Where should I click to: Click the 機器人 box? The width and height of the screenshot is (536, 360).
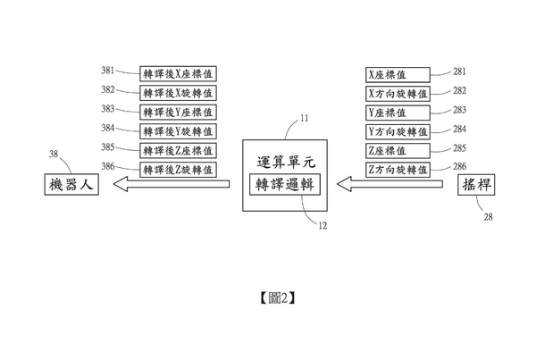point(71,185)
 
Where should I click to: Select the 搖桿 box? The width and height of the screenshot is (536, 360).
point(476,185)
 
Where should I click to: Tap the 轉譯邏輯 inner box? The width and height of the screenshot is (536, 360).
point(285,185)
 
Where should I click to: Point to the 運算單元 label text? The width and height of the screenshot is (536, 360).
point(286,163)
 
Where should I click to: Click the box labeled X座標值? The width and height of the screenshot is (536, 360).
point(398,75)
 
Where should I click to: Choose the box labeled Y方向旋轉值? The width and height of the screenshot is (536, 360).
point(398,131)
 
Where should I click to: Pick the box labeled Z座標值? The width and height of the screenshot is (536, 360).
point(398,151)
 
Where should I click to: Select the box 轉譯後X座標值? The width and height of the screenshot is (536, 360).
point(178,74)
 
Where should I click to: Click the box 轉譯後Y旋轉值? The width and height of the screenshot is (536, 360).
point(178,131)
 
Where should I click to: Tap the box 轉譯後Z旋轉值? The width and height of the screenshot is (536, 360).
point(178,170)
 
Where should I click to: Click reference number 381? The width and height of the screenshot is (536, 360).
point(108,71)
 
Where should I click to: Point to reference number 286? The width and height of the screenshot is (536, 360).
point(460,166)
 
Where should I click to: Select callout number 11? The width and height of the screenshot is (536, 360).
point(305,118)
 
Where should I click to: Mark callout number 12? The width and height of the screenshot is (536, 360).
point(322,226)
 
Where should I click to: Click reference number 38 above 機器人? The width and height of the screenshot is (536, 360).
point(54,155)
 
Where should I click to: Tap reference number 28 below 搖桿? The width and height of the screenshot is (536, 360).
point(488,217)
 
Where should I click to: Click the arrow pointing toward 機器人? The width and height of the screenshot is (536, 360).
point(172,184)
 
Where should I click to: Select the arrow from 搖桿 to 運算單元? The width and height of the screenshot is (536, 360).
point(389,184)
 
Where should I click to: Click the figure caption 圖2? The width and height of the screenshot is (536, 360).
point(277,298)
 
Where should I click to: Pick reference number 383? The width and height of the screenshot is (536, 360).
point(108,109)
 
